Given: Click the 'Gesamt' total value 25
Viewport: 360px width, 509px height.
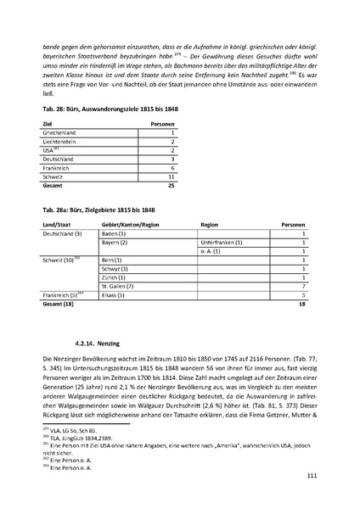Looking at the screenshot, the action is [170, 184].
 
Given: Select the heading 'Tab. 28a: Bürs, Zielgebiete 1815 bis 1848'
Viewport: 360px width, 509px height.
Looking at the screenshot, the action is [93, 209].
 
